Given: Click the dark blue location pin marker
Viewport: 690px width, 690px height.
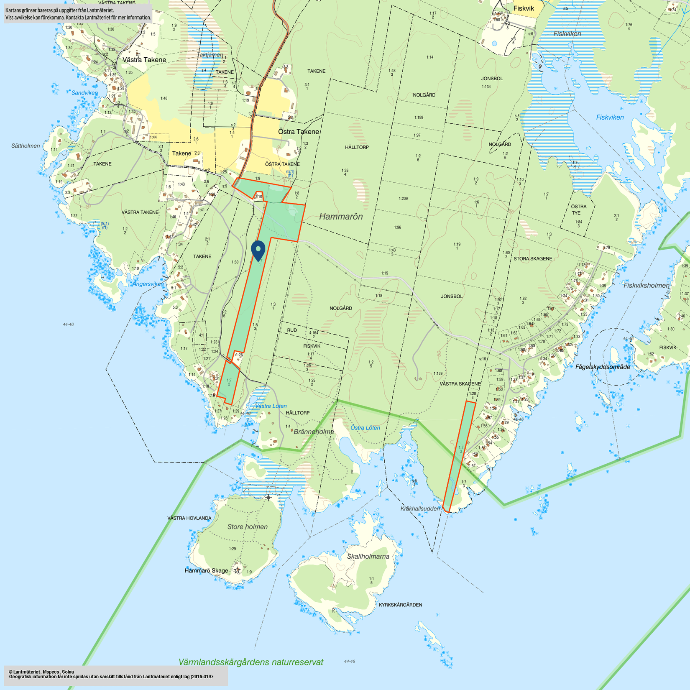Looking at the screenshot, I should [258, 250].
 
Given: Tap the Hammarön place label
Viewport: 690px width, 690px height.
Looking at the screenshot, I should [341, 217].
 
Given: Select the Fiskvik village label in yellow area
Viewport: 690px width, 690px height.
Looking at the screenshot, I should [524, 8].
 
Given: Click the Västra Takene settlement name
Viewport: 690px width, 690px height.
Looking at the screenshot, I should [144, 60].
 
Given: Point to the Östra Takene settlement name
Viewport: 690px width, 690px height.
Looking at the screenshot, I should [299, 132].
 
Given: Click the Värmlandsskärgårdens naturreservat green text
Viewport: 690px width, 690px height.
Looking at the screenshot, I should [251, 662].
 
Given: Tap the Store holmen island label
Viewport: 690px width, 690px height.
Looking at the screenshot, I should [247, 526].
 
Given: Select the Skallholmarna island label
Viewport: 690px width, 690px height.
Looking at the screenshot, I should [368, 556].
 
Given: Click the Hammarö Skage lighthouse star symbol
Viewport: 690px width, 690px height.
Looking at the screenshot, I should [237, 570].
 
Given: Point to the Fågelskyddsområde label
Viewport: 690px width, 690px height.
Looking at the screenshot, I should [602, 367].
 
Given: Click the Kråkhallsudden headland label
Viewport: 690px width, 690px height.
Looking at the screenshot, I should [420, 509].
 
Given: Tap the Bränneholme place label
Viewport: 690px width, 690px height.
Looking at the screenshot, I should [314, 432].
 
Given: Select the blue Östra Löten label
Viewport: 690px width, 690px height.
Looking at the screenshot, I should [365, 427].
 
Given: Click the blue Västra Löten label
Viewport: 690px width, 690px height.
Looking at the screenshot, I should [271, 406].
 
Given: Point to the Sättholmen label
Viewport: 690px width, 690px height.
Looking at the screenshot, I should [26, 146].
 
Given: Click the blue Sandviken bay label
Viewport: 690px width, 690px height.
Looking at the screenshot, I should [84, 93].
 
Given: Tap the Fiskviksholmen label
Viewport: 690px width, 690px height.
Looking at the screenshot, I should [646, 285].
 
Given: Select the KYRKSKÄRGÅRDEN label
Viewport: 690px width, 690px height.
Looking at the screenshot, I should [400, 605].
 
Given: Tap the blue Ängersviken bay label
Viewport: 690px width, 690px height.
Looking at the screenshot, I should [148, 284].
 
